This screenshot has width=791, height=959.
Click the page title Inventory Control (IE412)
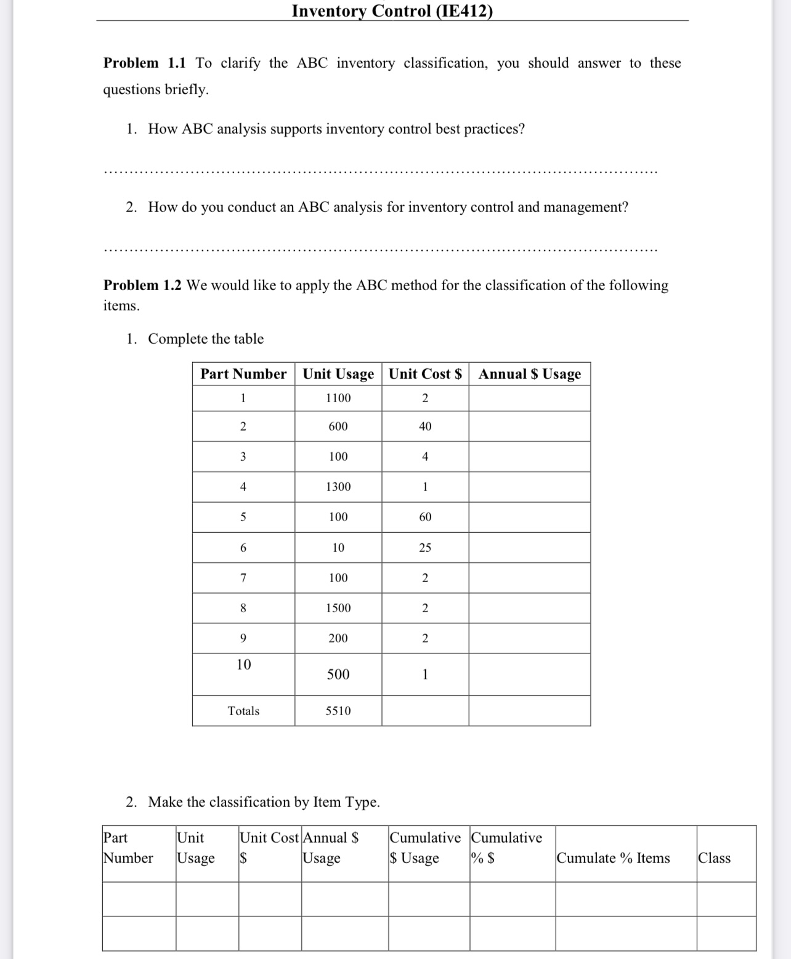pos(392,11)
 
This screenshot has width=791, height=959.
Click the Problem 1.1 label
pos(144,63)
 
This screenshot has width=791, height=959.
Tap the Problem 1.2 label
pos(142,285)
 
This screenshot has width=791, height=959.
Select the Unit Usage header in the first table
pos(338,374)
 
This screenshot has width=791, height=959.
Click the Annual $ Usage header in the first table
pos(529,374)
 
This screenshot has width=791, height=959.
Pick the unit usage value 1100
pos(338,398)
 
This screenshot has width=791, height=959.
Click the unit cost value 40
pos(425,426)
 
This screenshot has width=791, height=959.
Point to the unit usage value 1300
pos(338,487)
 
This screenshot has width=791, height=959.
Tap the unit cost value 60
pos(425,517)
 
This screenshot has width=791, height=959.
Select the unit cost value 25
pos(425,548)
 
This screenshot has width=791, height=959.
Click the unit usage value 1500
pos(338,608)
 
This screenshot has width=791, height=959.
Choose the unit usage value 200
pos(338,638)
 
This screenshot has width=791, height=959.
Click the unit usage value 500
pos(338,674)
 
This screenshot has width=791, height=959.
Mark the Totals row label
pos(243,711)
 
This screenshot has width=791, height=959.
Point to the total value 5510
pos(338,711)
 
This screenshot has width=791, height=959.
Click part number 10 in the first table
pos(243,665)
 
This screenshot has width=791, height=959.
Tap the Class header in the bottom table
pos(714,858)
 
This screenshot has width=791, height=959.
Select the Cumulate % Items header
pos(613,858)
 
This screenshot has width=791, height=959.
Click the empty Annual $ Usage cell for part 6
pos(529,548)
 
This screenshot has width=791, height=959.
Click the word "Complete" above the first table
pos(177,339)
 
